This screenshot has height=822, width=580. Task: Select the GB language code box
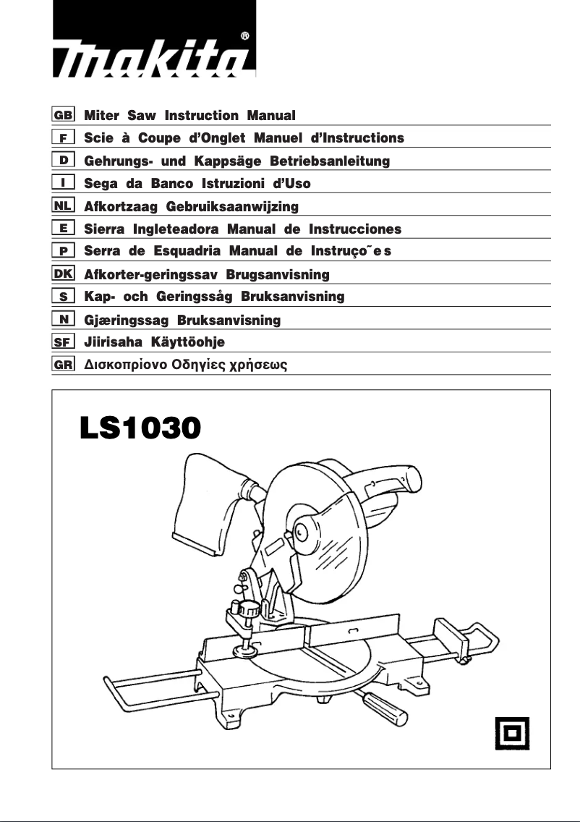(64, 115)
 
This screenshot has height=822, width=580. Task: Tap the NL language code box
(64, 206)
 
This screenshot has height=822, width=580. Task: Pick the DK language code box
(64, 274)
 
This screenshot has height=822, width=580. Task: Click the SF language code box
(64, 342)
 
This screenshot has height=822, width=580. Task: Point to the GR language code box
(64, 365)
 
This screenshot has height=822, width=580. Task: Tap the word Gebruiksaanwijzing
(232, 207)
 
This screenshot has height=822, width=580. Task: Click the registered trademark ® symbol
(245, 35)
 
